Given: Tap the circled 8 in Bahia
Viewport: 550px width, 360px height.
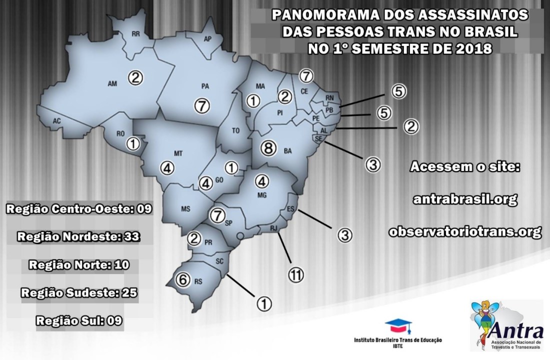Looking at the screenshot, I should (x=268, y=147).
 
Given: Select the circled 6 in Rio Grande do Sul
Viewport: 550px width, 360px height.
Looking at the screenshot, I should (x=183, y=280).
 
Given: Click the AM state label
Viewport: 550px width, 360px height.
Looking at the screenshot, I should (x=113, y=83).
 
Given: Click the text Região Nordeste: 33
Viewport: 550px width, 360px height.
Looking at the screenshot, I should (x=78, y=236).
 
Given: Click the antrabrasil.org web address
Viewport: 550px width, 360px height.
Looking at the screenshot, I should (x=465, y=199).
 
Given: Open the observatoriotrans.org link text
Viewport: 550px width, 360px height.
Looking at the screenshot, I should (x=465, y=232).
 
